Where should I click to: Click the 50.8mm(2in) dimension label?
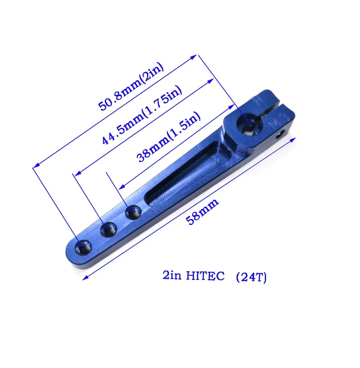point(131,86)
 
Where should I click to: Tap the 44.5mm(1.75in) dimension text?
point(142,115)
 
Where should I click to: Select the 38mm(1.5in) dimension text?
point(168,137)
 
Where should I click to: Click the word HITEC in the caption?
point(205,276)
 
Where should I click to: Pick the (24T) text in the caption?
point(251,277)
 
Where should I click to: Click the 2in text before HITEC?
point(172,275)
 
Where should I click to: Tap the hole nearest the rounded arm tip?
point(83,247)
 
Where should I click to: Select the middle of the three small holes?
point(109,230)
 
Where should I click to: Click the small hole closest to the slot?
point(133,212)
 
